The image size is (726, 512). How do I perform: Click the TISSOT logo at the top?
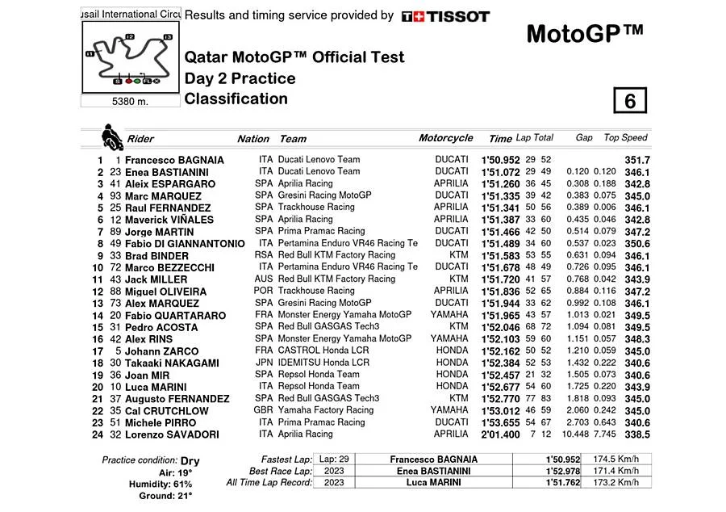tap(445, 16)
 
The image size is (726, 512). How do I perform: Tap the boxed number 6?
tap(630, 101)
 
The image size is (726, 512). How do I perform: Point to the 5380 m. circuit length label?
tap(131, 102)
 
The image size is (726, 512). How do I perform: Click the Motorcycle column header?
tap(445, 139)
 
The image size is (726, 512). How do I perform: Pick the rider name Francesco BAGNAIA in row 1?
tap(186, 161)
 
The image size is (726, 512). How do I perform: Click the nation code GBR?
tap(263, 410)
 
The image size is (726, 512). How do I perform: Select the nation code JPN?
tap(263, 363)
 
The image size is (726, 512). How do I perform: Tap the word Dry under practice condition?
tap(190, 461)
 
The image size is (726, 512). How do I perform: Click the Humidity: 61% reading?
tap(174, 484)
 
